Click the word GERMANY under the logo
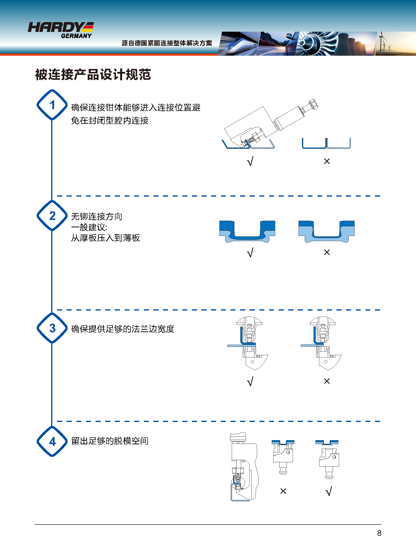pyautogui.click(x=76, y=36)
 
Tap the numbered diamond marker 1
pyautogui.click(x=52, y=105)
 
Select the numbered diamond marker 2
pyautogui.click(x=52, y=216)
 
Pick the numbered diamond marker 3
pyautogui.click(x=52, y=328)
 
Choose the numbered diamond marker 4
pyautogui.click(x=52, y=442)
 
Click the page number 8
pyautogui.click(x=379, y=533)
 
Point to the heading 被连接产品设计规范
pyautogui.click(x=93, y=75)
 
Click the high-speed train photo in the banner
pyautogui.click(x=238, y=44)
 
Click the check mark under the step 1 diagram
pyautogui.click(x=250, y=161)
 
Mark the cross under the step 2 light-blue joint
pyautogui.click(x=327, y=252)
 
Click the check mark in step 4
pyautogui.click(x=329, y=491)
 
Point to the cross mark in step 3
pyautogui.click(x=327, y=381)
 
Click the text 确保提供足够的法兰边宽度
pyautogui.click(x=123, y=329)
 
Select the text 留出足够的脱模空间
pyautogui.click(x=110, y=441)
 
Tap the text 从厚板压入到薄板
pyautogui.click(x=105, y=238)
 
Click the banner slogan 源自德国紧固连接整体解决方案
pyautogui.click(x=167, y=43)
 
